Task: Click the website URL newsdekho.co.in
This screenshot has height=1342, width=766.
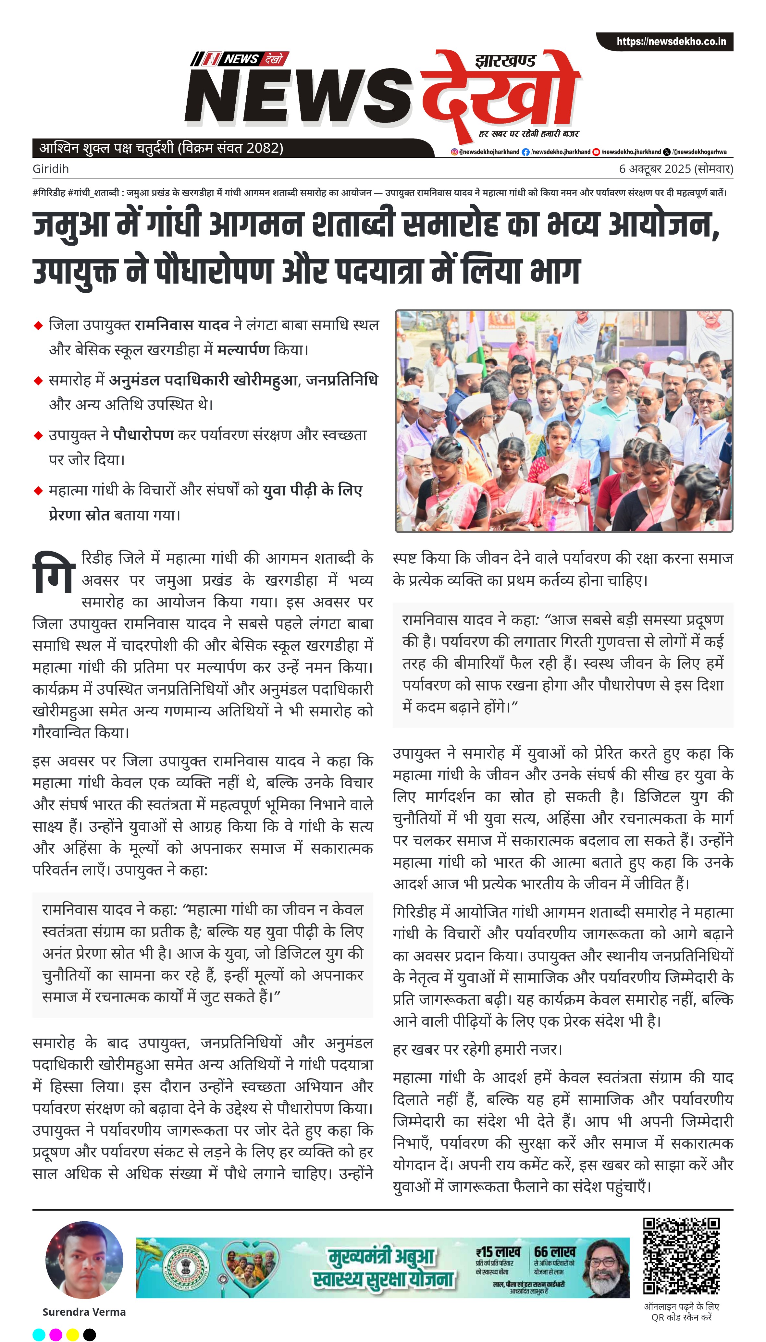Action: coord(671,42)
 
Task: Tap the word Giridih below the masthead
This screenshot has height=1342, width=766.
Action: coord(51,169)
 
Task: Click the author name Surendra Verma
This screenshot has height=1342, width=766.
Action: coord(84,1311)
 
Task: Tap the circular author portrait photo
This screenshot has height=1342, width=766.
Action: coord(84,1260)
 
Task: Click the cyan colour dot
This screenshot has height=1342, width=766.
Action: coord(39,1335)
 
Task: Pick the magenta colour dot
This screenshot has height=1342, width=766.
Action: coord(56,1335)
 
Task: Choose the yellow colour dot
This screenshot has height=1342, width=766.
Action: coord(73,1335)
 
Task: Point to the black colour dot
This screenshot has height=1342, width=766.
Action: coord(90,1335)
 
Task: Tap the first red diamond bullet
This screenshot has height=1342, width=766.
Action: coord(38,326)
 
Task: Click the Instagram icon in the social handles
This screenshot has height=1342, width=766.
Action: coord(454,152)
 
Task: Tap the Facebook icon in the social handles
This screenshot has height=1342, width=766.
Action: coord(525,152)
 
